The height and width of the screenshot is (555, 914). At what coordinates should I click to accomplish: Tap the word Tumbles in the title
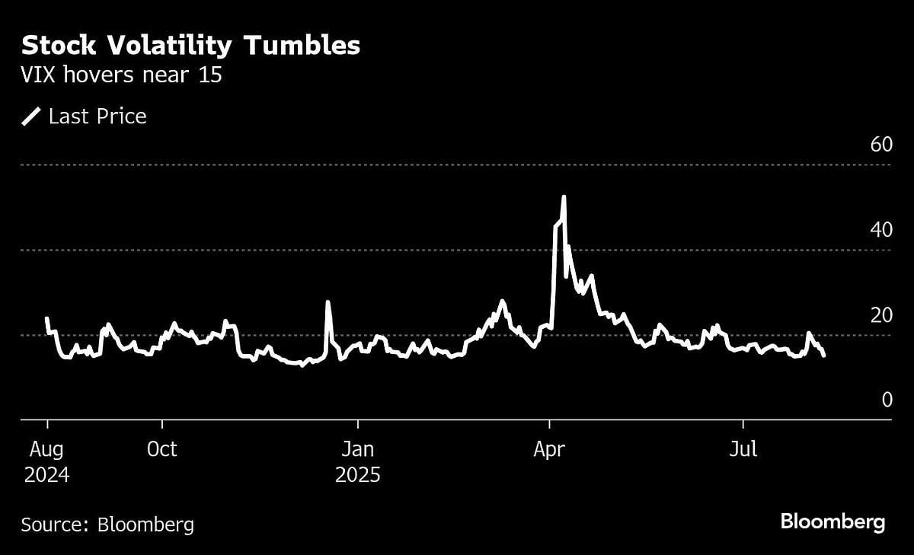pos(302,46)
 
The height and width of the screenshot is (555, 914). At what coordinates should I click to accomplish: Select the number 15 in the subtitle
pos(209,76)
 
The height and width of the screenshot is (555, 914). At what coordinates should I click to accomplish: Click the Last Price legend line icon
pos(32,116)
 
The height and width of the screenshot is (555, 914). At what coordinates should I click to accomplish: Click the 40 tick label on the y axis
pos(880,229)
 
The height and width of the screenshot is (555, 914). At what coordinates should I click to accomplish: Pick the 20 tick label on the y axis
pos(880,314)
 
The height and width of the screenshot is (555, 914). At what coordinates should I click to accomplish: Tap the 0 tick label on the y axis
pos(887,399)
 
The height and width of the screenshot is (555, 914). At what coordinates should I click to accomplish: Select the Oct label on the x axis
pos(161,449)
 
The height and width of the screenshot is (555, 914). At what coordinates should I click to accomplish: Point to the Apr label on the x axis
pos(549,449)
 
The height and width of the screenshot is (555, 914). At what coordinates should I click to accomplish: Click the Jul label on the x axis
pos(743,449)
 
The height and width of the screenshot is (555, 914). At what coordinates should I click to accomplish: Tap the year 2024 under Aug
pos(46,476)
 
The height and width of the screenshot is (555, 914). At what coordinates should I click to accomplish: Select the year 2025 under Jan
pos(357,476)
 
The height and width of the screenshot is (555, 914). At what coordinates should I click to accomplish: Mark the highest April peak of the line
pos(564,196)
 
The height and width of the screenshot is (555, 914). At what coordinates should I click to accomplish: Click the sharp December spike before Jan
pos(328,302)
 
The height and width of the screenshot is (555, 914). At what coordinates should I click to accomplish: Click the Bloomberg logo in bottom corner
pos(833,522)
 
